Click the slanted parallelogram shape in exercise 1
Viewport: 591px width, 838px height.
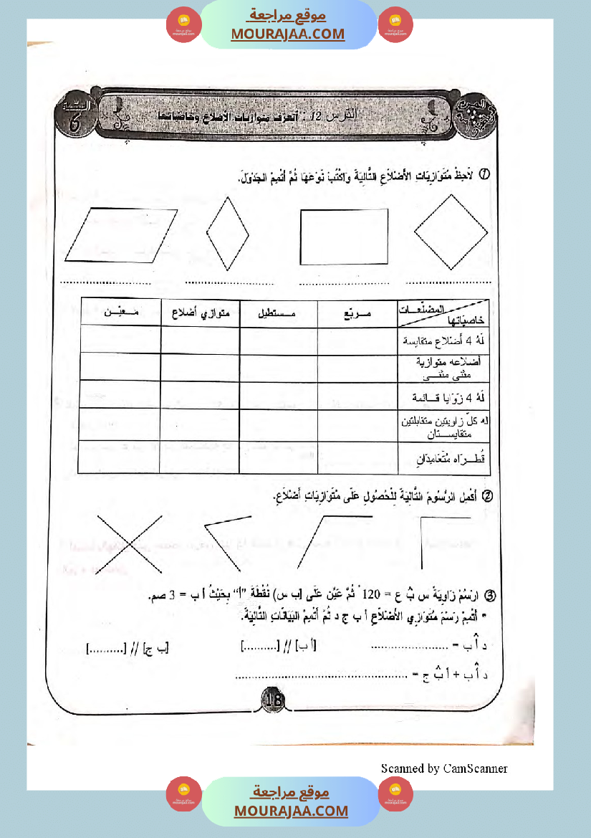121,234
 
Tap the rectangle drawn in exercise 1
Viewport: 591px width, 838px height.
344,237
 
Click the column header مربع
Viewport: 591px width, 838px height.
357,313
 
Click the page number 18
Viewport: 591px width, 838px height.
274,700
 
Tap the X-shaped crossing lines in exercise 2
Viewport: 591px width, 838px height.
129,545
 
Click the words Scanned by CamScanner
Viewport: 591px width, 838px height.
444,768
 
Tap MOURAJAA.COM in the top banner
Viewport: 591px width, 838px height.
287,34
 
